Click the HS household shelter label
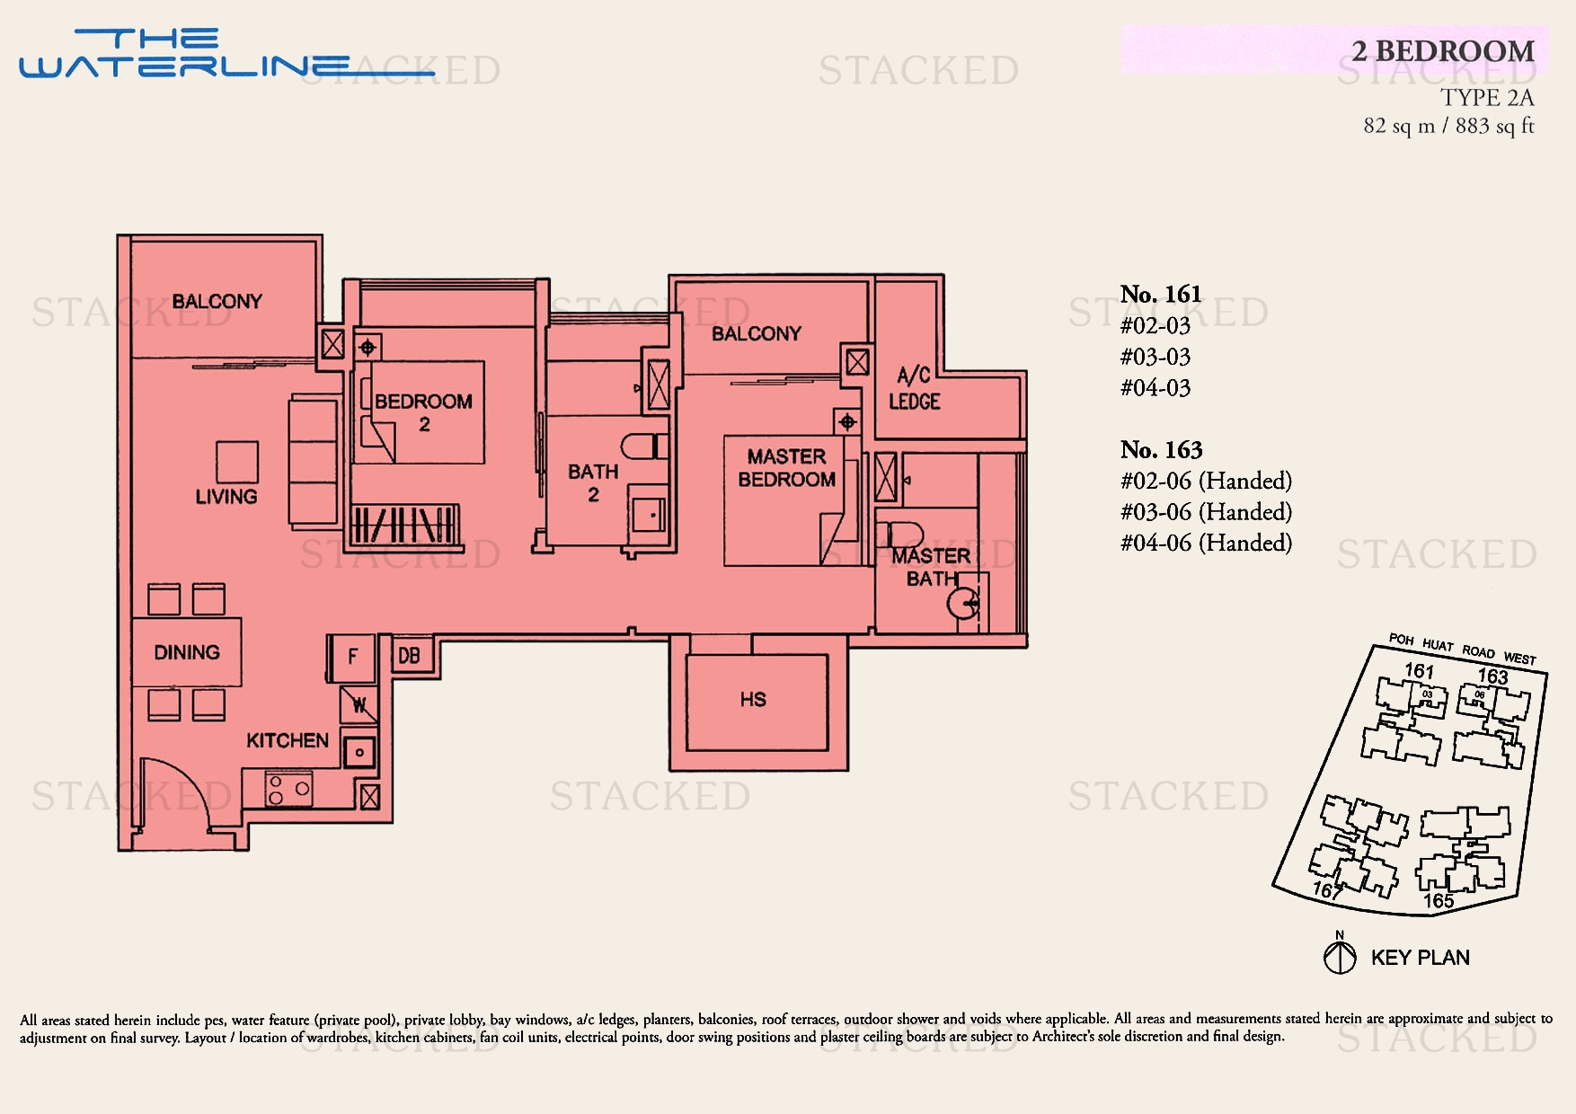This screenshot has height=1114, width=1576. coord(753,700)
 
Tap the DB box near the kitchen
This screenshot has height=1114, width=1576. coord(409,656)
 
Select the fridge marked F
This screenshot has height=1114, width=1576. coord(352,657)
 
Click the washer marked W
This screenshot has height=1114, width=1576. coord(359,705)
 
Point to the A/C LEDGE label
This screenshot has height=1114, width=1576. coord(915,389)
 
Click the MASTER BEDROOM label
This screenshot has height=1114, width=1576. coord(786,468)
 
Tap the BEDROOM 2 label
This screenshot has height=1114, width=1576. coord(423,412)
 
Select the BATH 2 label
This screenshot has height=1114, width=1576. coord(593,482)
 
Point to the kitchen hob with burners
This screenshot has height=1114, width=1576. coord(288,790)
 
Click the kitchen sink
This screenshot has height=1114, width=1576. coord(359,753)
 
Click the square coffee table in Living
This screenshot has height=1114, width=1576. coord(237,462)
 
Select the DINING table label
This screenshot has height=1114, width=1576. coord(187,652)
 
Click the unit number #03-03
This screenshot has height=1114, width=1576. coord(1155,357)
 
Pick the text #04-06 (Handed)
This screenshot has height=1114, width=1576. coord(1206,543)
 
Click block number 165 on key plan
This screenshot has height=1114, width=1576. coord(1438,900)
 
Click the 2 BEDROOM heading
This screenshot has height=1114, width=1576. coord(1443,51)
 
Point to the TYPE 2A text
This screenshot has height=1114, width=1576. coord(1486,97)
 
